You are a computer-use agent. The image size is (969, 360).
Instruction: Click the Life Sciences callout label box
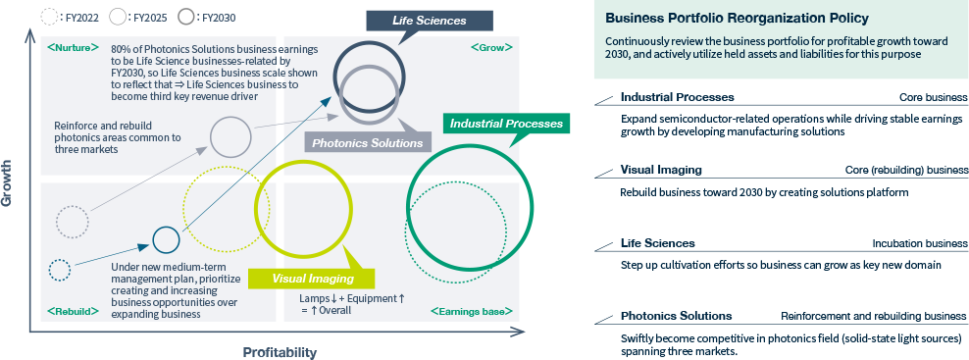416,21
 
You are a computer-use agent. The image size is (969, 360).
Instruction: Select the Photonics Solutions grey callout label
367,142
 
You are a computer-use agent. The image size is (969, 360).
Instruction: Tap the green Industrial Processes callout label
505,124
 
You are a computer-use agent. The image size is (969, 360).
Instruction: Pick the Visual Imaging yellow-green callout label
300,279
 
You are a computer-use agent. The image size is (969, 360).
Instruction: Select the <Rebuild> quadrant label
72,311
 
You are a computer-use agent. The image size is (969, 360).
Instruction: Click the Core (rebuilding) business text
906,170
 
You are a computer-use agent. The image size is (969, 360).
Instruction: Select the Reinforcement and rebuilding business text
874,316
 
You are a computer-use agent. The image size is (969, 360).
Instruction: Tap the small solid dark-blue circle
166,239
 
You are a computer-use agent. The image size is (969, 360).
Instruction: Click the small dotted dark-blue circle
60,269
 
